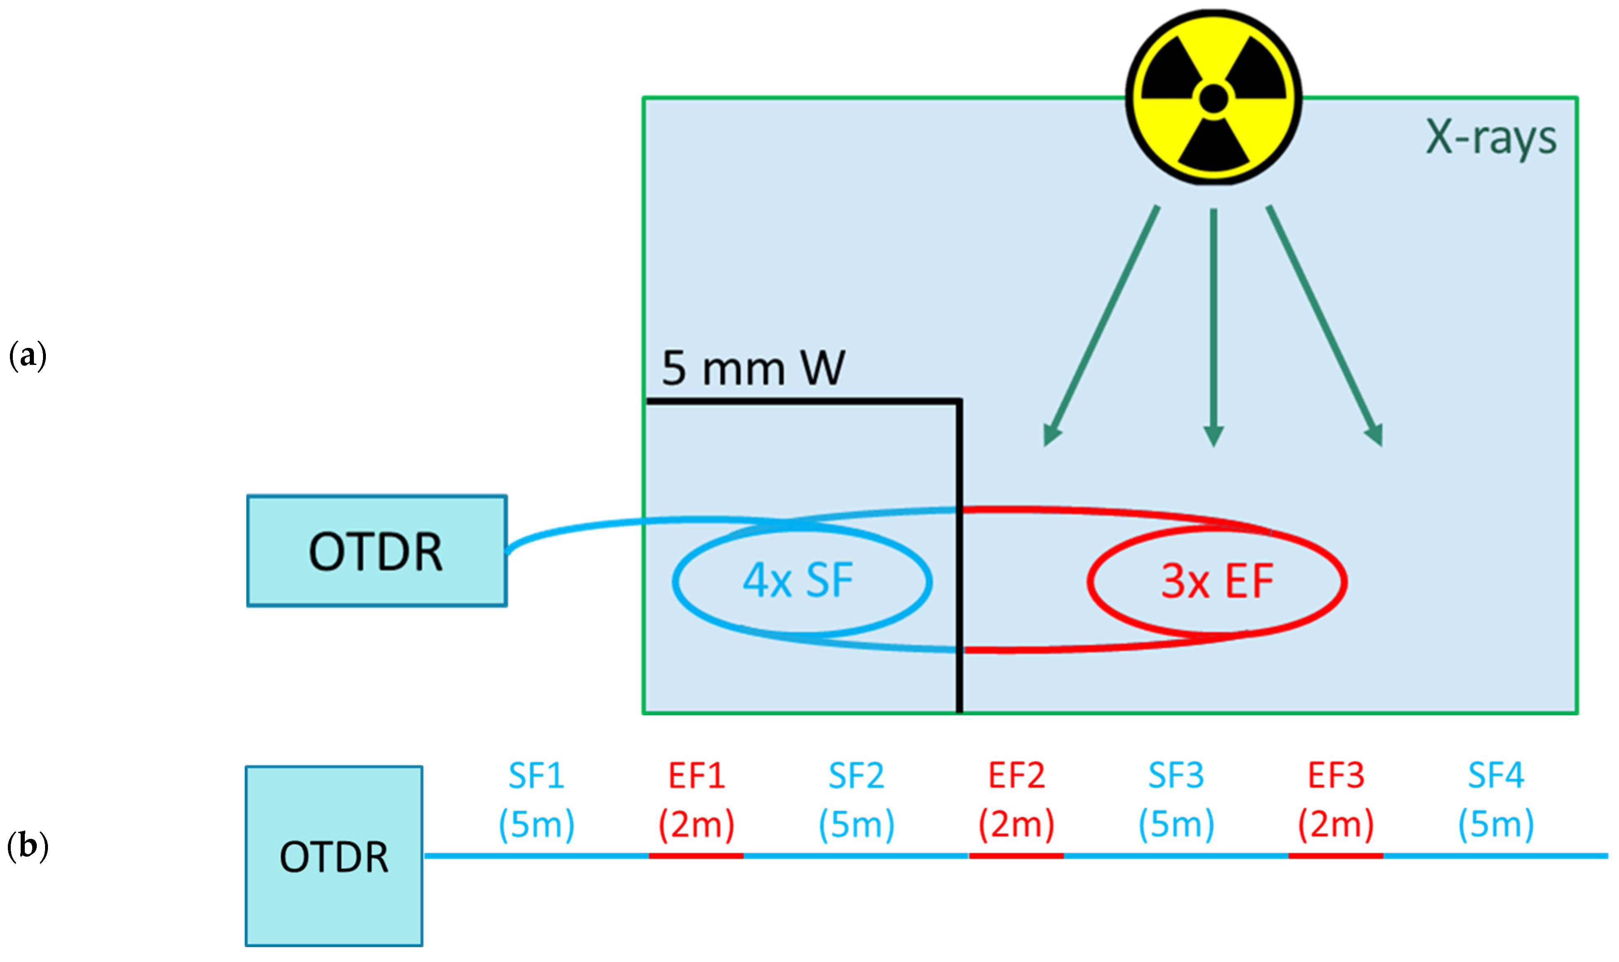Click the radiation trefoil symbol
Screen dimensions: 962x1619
pos(1213,97)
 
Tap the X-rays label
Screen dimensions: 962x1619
pos(1490,138)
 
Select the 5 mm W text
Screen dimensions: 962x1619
pos(753,368)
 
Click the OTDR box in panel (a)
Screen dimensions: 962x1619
pos(377,551)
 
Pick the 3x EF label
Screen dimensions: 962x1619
pos(1217,581)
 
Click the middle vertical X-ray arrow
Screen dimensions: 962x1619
pos(1213,324)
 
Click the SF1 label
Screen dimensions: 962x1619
pos(536,775)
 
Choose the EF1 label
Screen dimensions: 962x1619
pos(696,775)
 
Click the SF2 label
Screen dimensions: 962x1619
pos(856,775)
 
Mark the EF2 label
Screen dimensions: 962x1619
pos(1016,775)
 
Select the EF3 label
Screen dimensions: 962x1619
pos(1335,775)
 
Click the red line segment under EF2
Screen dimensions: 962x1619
pos(1016,856)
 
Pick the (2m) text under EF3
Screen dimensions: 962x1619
pos(1335,824)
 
